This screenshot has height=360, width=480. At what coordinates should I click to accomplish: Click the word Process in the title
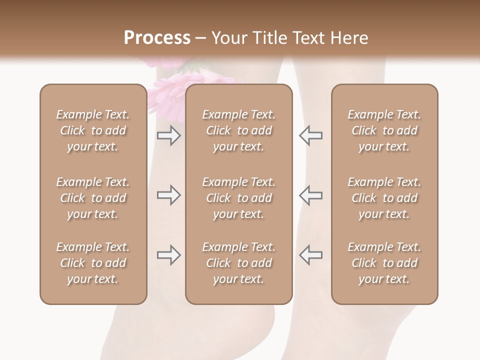click(x=157, y=38)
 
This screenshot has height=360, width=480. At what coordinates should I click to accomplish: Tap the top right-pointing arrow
click(x=169, y=135)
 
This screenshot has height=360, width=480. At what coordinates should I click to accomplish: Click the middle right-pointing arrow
click(x=169, y=195)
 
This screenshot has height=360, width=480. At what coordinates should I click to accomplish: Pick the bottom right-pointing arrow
click(x=169, y=255)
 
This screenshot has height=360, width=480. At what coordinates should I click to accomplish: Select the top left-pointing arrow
click(x=310, y=135)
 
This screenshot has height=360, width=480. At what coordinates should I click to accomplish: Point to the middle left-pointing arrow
click(x=310, y=195)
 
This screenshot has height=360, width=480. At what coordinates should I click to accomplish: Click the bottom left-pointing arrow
click(x=310, y=255)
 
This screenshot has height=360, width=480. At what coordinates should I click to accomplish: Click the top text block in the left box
click(x=93, y=130)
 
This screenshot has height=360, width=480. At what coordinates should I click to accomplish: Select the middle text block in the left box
click(x=93, y=198)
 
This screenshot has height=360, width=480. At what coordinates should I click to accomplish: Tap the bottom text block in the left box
click(x=93, y=263)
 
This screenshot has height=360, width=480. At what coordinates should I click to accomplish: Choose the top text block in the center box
click(x=239, y=130)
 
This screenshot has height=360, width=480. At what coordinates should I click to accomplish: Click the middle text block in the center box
click(x=239, y=198)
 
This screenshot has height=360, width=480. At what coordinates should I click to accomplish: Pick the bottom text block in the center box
click(x=239, y=263)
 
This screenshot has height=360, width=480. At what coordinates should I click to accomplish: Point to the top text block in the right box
click(x=384, y=130)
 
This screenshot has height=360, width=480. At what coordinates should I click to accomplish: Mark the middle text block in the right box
click(x=384, y=198)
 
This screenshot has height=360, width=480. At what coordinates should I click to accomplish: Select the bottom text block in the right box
click(x=384, y=263)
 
